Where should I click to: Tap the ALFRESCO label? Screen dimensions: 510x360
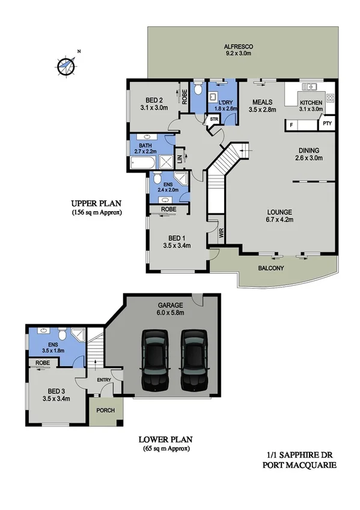point(238,46)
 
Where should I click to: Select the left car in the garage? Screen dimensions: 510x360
point(154,360)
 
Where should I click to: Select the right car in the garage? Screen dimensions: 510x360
point(194,360)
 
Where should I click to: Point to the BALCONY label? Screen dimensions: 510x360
point(270,268)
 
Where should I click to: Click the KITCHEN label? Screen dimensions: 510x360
point(311,103)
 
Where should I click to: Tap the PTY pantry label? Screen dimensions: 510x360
point(327,124)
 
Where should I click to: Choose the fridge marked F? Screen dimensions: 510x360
point(291,124)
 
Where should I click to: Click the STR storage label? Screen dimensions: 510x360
point(213,120)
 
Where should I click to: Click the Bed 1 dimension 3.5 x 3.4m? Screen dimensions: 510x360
point(177,245)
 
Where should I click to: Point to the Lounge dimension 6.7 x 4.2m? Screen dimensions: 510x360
point(280,220)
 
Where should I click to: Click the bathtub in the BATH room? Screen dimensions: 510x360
point(142,161)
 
